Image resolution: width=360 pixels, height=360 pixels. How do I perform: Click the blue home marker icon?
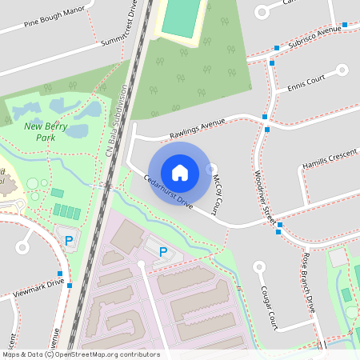tap(180, 172)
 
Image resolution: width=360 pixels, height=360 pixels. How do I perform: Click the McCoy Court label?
tap(218, 196)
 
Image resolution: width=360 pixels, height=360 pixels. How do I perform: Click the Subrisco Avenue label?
tap(314, 38)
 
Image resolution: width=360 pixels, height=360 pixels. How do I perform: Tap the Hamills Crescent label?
tap(329, 155)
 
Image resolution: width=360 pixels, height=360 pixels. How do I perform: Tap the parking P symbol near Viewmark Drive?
tap(69, 239)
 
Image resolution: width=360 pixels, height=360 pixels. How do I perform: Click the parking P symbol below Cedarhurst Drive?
tap(163, 252)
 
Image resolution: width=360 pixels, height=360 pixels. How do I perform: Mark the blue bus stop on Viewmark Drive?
tap(70, 284)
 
